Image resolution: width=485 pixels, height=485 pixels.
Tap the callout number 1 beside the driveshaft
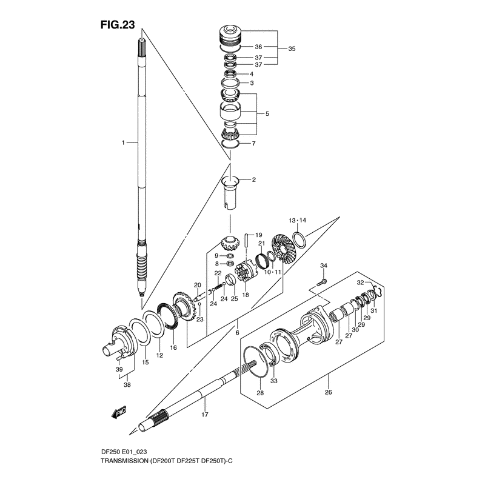pos(122,142)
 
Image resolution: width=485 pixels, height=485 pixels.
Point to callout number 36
pos(258,47)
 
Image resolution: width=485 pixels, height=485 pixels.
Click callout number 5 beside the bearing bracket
pos(267,113)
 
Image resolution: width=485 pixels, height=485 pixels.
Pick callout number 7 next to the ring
pos(254,144)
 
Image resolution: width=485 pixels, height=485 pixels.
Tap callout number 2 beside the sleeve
pos(254,180)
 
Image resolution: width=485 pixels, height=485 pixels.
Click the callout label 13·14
pos(298,220)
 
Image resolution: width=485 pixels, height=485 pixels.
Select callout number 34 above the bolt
pos(324,266)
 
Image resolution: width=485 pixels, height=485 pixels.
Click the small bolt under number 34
pos(322,281)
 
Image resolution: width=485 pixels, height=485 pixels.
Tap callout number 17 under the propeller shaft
pos(205,415)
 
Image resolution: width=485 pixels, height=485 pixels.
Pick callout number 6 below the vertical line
pos(238,333)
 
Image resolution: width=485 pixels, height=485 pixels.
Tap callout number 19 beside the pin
pos(258,235)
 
